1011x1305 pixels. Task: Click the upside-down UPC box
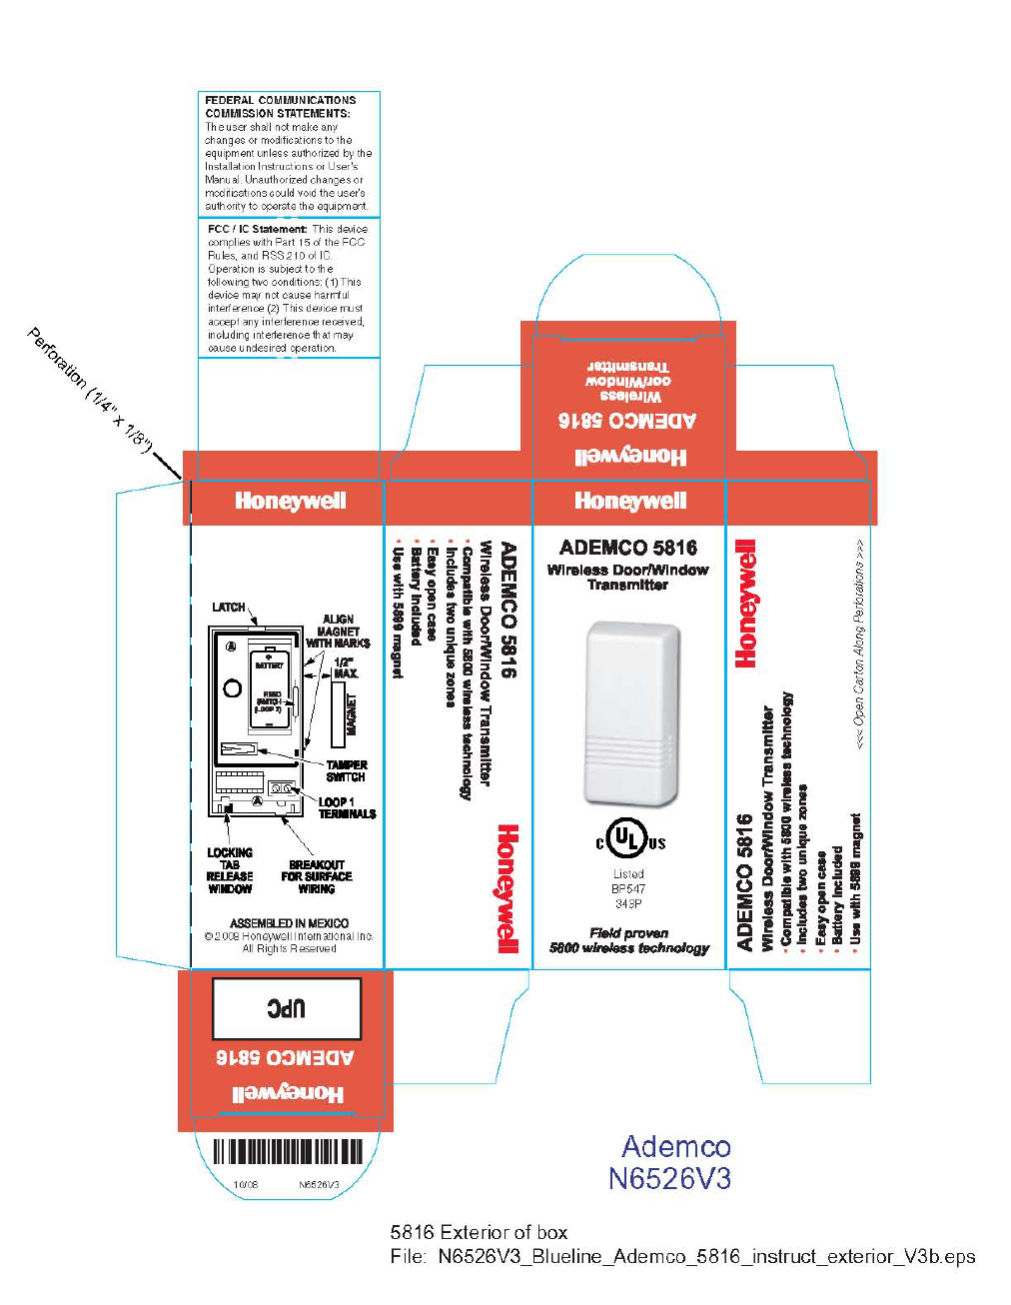(287, 1008)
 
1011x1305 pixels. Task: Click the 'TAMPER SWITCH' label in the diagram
(346, 770)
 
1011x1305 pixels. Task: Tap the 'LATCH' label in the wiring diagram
(228, 607)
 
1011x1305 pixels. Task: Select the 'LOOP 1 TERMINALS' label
(347, 807)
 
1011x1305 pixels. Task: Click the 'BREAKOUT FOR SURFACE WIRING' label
(317, 876)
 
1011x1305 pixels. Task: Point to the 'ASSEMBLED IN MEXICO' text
(290, 923)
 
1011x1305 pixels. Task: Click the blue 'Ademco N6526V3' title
(671, 1162)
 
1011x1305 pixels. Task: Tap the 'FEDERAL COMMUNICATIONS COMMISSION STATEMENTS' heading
(280, 107)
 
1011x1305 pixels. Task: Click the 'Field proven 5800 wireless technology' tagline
(629, 940)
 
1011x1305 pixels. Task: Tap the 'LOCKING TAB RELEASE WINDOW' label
(230, 870)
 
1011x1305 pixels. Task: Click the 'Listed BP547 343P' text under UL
(628, 888)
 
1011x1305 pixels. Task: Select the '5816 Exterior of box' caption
(479, 1232)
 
